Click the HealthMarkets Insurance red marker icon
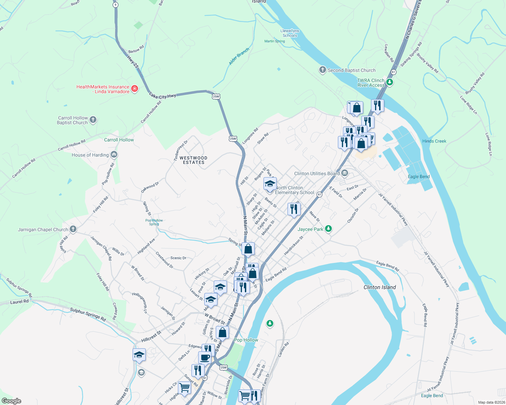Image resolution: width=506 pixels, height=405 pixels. [135, 89]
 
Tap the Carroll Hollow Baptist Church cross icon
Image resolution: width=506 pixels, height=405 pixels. [93, 120]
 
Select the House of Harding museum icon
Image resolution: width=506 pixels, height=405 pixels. [114, 155]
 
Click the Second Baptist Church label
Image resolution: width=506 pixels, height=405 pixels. [351, 70]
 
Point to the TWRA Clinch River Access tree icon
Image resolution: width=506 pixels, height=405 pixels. [390, 82]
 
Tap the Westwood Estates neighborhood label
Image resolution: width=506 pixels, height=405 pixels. [193, 160]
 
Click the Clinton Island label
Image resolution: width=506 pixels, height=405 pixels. [379, 287]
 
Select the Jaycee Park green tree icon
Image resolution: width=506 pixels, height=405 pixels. [328, 229]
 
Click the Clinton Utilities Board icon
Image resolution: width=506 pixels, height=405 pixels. [345, 173]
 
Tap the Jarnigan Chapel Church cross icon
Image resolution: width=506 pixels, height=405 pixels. [73, 229]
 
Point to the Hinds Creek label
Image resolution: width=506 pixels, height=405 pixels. [434, 141]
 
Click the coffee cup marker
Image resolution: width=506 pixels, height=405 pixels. [205, 357]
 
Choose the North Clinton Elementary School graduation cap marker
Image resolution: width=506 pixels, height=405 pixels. [270, 184]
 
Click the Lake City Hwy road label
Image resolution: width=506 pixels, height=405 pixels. [163, 96]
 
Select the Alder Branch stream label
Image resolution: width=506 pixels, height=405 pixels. [239, 56]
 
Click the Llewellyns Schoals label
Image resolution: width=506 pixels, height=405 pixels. [290, 33]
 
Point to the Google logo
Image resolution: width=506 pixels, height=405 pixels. [11, 401]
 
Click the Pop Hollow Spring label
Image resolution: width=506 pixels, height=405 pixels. [154, 222]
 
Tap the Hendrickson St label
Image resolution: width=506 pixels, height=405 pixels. [294, 245]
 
